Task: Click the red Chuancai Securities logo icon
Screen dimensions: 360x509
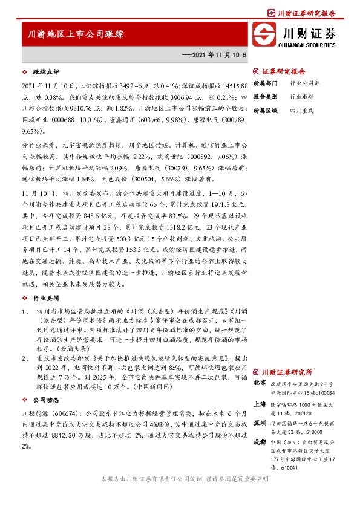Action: [264, 36]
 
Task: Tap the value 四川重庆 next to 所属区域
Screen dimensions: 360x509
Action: [301, 111]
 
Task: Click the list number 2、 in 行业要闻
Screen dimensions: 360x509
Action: [24, 359]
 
